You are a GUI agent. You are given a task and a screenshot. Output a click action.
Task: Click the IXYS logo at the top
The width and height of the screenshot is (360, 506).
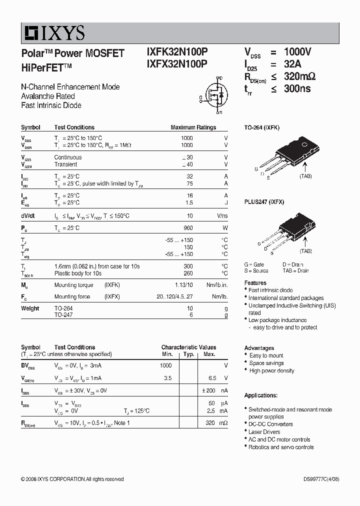pos(53,33)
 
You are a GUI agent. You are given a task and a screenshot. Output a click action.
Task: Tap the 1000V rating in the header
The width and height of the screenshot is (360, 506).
pos(297,52)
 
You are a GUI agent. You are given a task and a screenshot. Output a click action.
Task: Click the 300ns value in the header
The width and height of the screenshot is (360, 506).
pos(297,88)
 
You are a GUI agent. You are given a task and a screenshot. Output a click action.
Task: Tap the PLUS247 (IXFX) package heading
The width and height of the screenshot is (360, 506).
pos(264,202)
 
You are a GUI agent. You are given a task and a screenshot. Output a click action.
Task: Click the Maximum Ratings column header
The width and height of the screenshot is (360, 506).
pos(193,127)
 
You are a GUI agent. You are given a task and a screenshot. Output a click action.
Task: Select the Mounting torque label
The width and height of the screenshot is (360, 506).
pos(73,285)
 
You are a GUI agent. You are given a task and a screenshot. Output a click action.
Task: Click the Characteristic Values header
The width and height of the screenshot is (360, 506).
pos(188,347)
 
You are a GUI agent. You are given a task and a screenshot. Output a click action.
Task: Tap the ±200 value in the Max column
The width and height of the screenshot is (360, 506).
pos(208,390)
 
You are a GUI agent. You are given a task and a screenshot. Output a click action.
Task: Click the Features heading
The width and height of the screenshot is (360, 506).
pos(255,283)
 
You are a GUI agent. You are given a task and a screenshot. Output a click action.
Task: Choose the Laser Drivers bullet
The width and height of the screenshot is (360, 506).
pos(264,432)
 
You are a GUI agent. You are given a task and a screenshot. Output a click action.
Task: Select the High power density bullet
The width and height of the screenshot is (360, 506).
pos(271,371)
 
